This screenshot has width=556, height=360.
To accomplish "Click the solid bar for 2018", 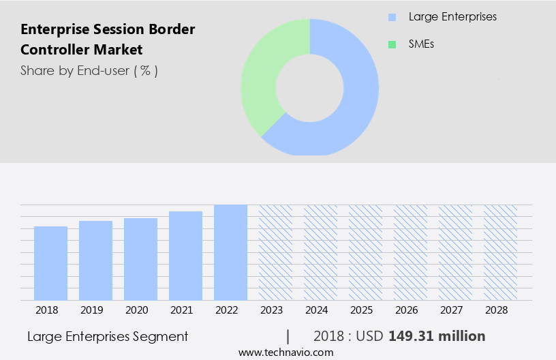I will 50,263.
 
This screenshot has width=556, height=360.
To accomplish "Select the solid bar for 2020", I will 140,259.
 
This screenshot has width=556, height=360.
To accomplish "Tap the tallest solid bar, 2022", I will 230,252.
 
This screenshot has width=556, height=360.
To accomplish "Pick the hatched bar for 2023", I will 275,252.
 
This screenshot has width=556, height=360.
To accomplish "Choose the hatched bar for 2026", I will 410,252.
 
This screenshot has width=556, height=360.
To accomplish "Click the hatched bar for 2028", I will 500,252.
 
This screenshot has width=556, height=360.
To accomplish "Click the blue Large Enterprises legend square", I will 392,17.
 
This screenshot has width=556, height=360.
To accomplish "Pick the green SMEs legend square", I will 392,44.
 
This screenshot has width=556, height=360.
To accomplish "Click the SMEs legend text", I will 421,44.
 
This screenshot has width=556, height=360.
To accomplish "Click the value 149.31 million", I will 437,336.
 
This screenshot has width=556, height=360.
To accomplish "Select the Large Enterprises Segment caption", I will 108,336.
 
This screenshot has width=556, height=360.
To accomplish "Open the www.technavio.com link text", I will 285,352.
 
